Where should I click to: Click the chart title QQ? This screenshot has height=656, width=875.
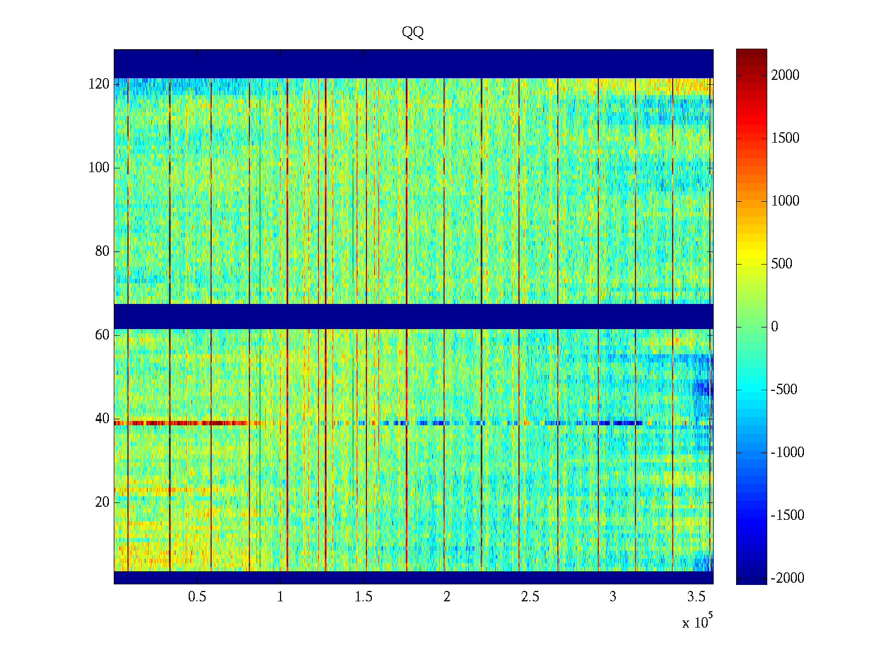coord(413,32)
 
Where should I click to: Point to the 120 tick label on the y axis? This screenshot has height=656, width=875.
coord(99,84)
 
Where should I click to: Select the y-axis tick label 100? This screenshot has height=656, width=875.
coord(99,168)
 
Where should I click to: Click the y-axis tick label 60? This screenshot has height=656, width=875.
coord(102,335)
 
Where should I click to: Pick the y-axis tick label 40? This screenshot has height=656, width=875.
coord(102,419)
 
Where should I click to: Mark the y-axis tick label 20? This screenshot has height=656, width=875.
coord(102,502)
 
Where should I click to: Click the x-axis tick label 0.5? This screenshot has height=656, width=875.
coord(197,597)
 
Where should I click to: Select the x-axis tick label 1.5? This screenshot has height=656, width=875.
coord(364,597)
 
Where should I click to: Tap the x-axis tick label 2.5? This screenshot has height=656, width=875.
coord(530,597)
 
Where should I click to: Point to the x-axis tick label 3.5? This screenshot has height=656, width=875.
coord(696,597)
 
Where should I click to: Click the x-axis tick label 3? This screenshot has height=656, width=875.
coord(613,597)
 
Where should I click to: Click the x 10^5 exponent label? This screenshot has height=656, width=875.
coord(697,622)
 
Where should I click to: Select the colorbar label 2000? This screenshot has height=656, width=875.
coord(785,75)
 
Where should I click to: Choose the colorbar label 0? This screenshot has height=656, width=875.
coord(774,327)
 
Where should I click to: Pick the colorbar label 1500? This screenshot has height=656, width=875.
coord(785,138)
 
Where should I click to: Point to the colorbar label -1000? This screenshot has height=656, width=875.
coord(787,453)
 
